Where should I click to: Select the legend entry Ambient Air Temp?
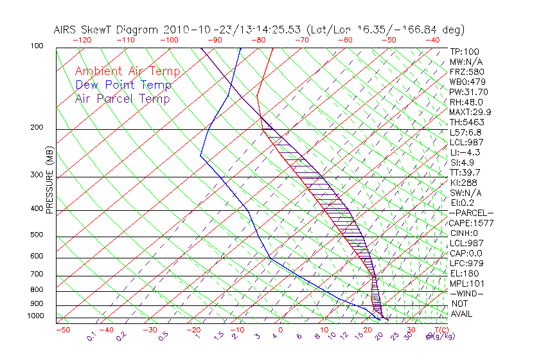pos(127,71)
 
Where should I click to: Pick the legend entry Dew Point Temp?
pos(123,85)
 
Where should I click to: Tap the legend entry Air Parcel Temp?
pos(122,98)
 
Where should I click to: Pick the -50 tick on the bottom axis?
pos(62,330)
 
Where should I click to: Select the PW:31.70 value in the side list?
pos(466,92)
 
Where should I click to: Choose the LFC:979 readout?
pos(466,264)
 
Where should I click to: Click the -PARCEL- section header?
pos(472,213)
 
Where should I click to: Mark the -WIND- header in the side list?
pos(467,294)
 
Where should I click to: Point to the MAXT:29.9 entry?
pos(470,112)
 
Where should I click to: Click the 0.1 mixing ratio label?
pos(91,336)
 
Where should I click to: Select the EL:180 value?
pos(465,273)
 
